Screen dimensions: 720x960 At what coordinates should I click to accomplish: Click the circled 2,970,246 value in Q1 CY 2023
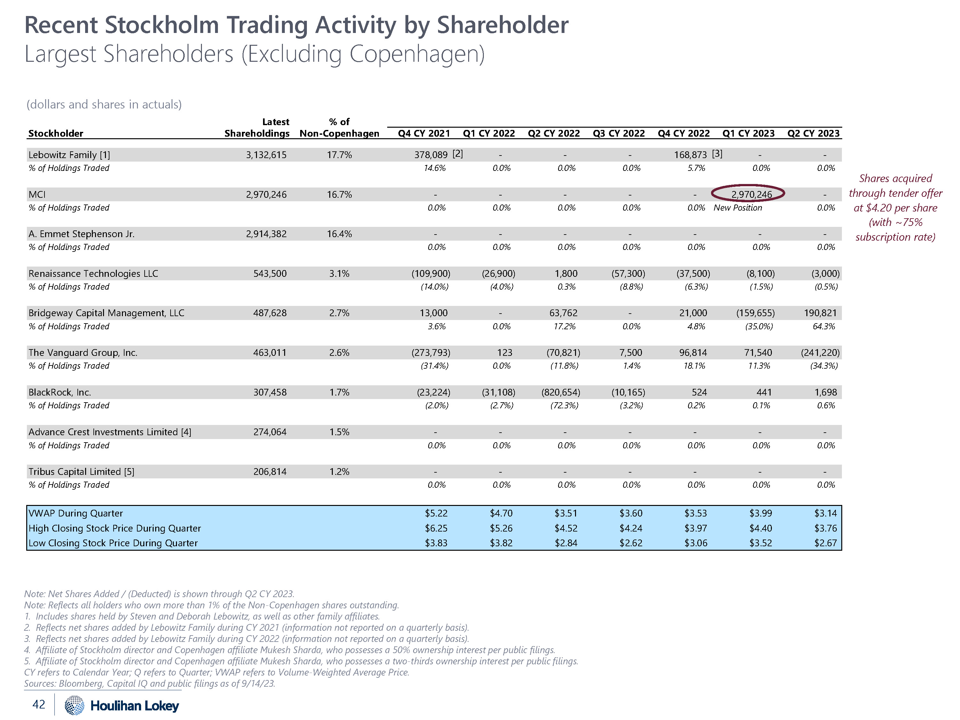click(751, 195)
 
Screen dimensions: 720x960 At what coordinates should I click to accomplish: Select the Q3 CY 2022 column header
click(619, 133)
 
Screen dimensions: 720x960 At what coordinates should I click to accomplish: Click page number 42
click(39, 704)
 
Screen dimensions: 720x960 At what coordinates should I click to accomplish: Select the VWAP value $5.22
click(436, 513)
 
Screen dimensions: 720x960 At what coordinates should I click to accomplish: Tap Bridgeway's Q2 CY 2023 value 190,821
click(820, 313)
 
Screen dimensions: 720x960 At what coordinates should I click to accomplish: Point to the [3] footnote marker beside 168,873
click(717, 154)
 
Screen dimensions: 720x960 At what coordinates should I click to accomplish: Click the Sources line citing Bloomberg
click(149, 684)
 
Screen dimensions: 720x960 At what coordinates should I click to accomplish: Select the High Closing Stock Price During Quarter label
click(115, 528)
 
